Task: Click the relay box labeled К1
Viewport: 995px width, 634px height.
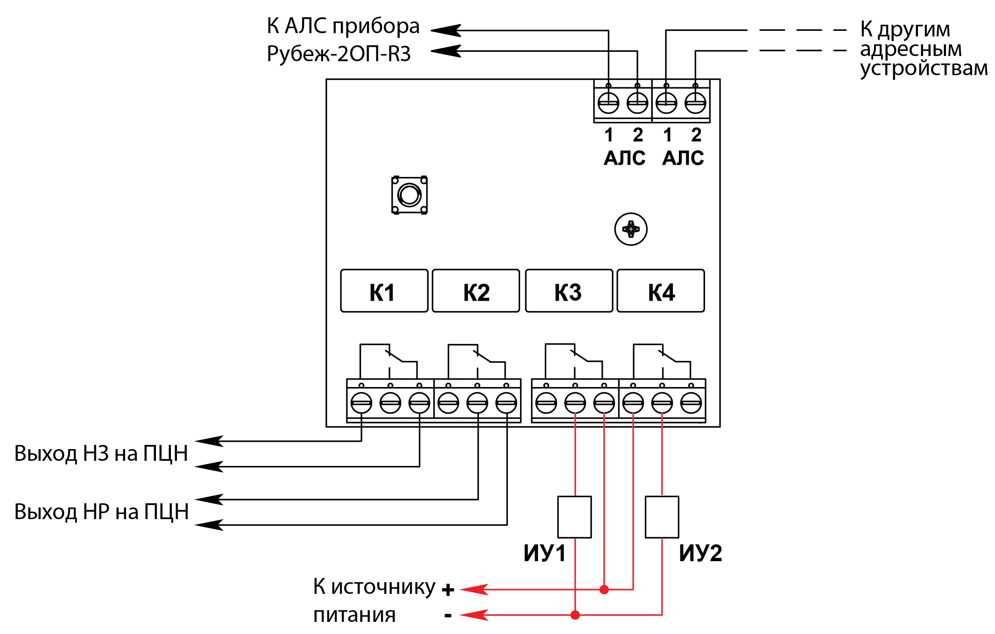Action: click(384, 291)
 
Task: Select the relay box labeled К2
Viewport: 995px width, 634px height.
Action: click(476, 291)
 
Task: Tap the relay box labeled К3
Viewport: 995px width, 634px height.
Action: click(569, 291)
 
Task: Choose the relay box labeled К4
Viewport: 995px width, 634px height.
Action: click(661, 291)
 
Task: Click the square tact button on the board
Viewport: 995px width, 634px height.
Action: click(409, 195)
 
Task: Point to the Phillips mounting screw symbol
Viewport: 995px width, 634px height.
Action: click(631, 229)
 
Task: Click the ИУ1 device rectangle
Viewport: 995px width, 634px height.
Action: click(575, 517)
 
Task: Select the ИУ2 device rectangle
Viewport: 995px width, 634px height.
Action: click(662, 517)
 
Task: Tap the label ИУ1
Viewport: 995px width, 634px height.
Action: click(544, 553)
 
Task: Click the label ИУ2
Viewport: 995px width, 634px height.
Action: click(700, 553)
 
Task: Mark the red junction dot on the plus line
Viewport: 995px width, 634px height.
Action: click(604, 590)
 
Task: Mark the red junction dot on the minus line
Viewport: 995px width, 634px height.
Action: click(575, 615)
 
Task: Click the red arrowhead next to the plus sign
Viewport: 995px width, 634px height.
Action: click(474, 590)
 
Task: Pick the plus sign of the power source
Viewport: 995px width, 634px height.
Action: click(448, 590)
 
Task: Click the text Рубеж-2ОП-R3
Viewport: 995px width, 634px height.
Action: click(339, 54)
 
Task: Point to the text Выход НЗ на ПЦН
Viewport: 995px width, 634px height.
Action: click(101, 453)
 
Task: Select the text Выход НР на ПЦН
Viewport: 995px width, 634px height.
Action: click(101, 512)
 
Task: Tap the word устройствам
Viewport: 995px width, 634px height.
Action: click(924, 68)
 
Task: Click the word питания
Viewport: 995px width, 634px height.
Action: click(354, 615)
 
